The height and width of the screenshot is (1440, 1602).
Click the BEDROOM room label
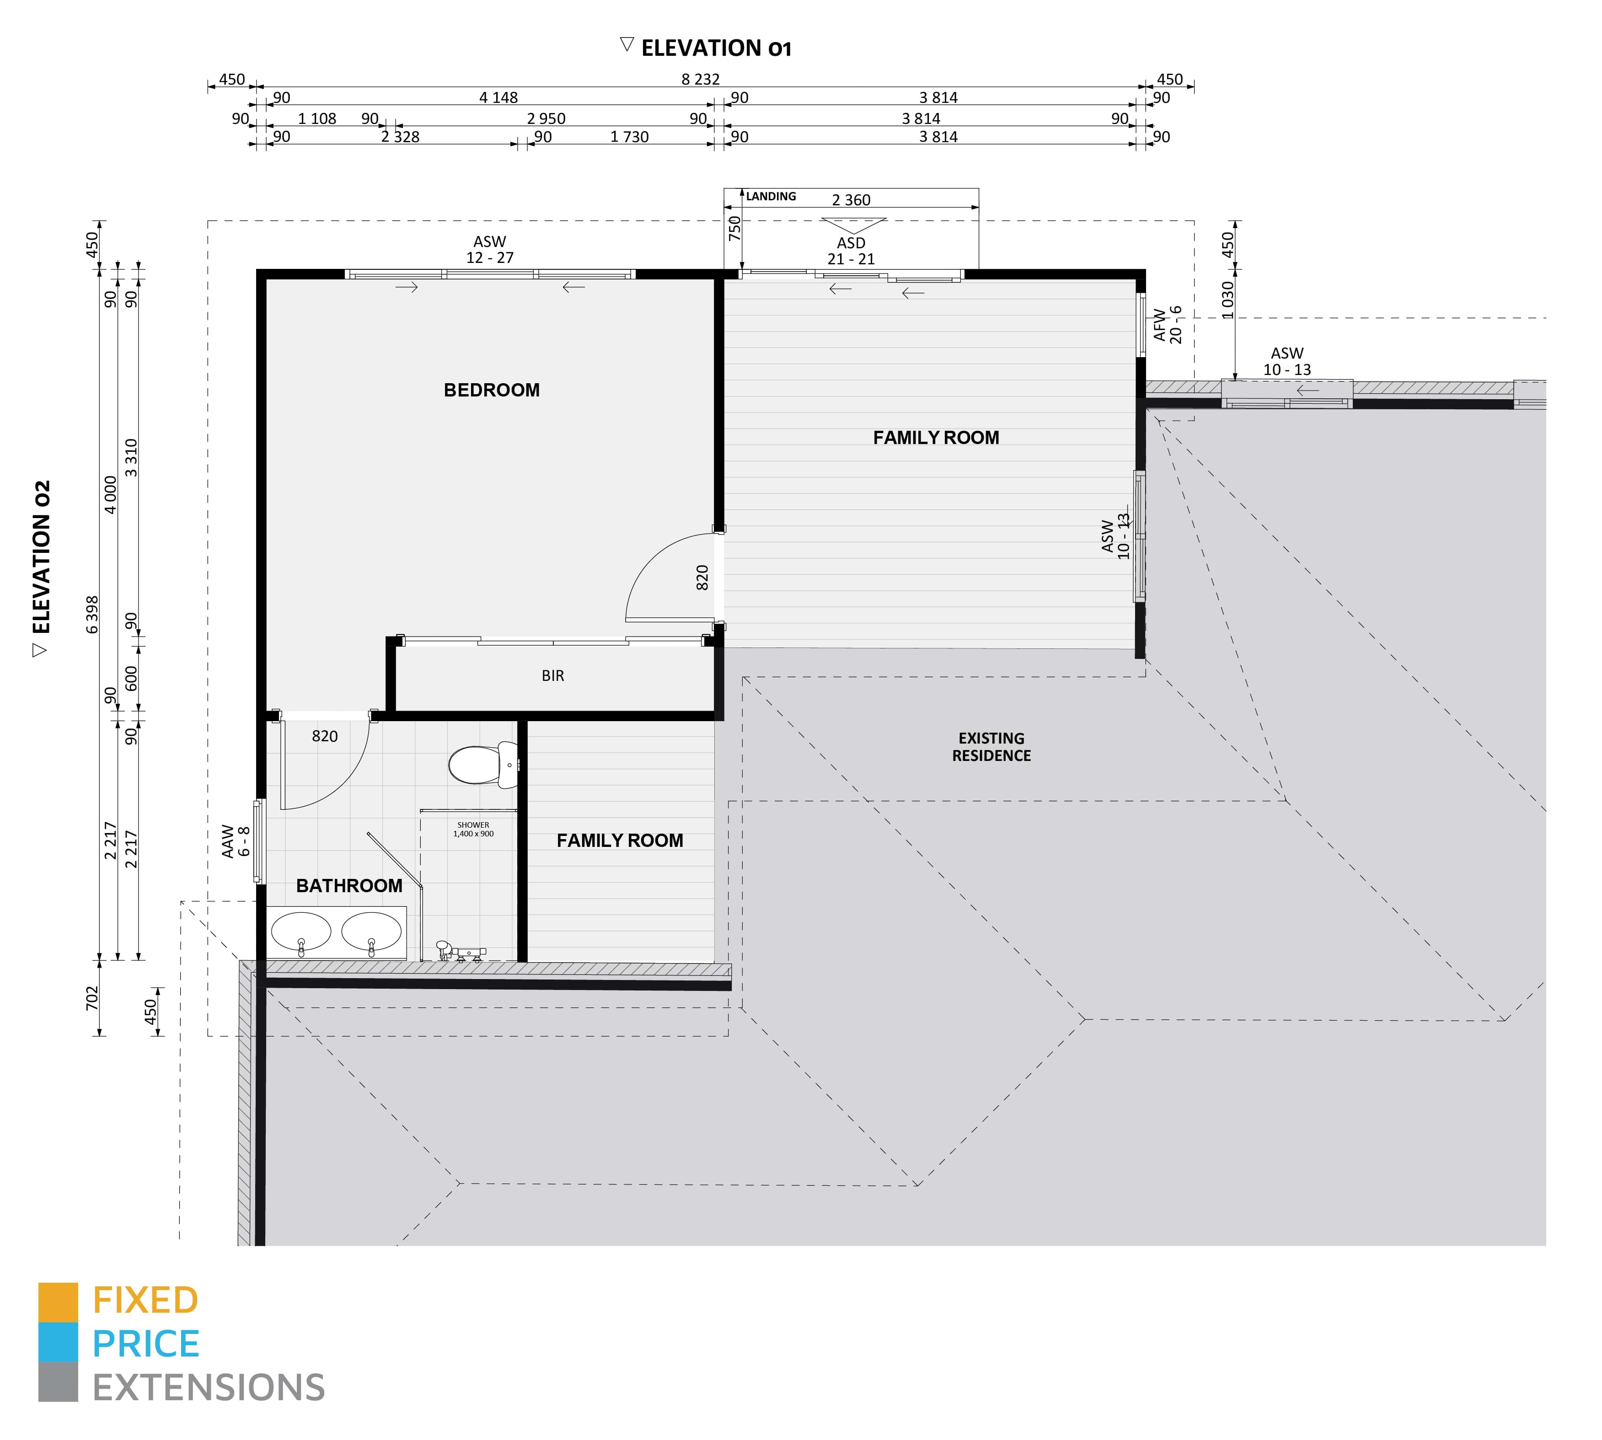pyautogui.click(x=491, y=390)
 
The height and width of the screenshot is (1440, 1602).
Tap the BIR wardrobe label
pyautogui.click(x=553, y=676)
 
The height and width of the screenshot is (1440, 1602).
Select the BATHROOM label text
pyautogui.click(x=349, y=885)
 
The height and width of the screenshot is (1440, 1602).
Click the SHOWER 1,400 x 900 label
pyautogui.click(x=473, y=829)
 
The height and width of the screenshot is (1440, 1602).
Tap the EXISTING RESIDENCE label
pyautogui.click(x=991, y=747)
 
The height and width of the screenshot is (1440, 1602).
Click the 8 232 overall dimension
pyautogui.click(x=700, y=79)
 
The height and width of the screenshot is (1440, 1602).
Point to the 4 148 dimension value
pyautogui.click(x=498, y=97)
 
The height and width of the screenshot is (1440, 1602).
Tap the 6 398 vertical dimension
pyautogui.click(x=92, y=615)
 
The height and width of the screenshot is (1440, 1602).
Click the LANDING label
pyautogui.click(x=771, y=196)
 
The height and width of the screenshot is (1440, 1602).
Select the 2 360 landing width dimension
pyautogui.click(x=851, y=200)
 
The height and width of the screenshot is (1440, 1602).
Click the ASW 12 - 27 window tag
pyautogui.click(x=490, y=250)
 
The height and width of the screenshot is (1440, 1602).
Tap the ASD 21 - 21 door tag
pyautogui.click(x=851, y=251)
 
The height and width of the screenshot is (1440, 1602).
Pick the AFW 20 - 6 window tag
pyautogui.click(x=1168, y=324)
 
